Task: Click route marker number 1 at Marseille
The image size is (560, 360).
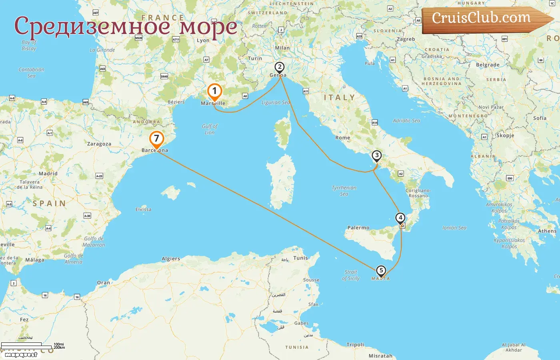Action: coord(214,92)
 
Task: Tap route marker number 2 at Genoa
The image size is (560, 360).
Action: coord(280,67)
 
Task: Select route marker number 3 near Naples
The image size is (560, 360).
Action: coord(376,156)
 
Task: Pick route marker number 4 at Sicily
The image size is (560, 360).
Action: coord(400,218)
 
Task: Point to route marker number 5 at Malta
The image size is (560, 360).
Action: coord(381,271)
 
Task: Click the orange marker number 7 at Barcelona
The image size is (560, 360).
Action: coord(156,139)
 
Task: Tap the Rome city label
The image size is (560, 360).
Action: coord(343,138)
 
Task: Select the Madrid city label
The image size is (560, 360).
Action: coord(48,174)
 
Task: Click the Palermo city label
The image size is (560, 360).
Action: coord(358,228)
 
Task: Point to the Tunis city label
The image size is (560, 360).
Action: coord(300,258)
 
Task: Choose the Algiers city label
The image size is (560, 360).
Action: coord(171,259)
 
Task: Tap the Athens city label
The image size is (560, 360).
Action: coord(547,231)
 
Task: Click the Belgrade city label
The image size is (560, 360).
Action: coord(488,65)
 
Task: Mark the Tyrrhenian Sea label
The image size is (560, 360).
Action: coord(344,191)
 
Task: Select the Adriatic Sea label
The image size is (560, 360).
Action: coord(406,120)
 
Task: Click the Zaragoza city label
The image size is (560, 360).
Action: coord(99,144)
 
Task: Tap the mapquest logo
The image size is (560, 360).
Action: coord(21,355)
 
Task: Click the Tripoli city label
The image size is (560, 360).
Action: coord(355,345)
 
